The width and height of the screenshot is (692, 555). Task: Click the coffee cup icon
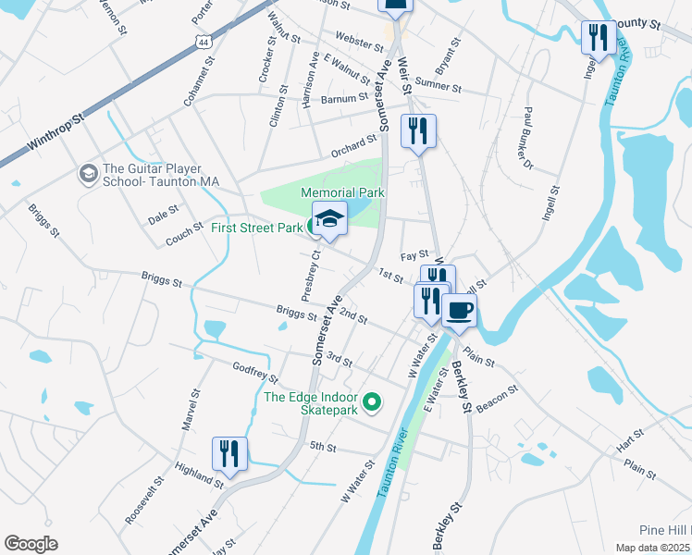click(459, 311)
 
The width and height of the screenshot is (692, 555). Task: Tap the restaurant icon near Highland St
click(229, 453)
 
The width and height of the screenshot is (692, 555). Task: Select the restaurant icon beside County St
click(598, 38)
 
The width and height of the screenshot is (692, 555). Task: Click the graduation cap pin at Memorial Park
click(328, 219)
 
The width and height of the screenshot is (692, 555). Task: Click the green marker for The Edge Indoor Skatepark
click(372, 401)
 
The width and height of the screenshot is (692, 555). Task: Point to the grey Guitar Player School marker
click(89, 174)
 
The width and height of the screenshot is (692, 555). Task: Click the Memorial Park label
click(342, 192)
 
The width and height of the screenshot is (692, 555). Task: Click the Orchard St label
click(355, 147)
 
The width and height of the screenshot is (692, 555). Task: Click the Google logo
click(31, 543)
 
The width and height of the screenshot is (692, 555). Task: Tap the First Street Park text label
click(256, 228)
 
